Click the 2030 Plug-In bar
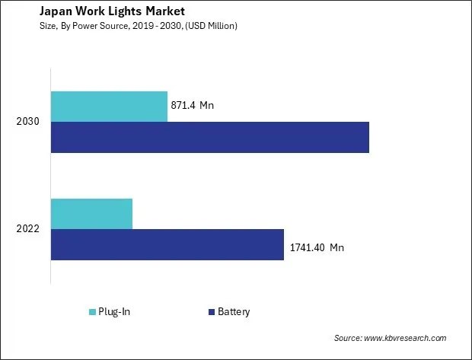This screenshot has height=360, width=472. [x=109, y=106]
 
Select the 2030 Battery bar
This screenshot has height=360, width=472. [x=209, y=137]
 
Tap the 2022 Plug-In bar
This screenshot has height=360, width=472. [x=91, y=213]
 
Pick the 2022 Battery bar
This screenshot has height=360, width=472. [x=167, y=244]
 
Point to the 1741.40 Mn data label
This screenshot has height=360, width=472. [x=317, y=247]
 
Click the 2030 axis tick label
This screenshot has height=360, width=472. [x=28, y=122]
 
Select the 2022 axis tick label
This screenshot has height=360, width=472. [x=28, y=229]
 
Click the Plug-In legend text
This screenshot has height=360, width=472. [x=115, y=311]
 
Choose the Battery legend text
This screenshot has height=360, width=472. [x=234, y=311]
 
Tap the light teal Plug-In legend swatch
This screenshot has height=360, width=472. [x=93, y=311]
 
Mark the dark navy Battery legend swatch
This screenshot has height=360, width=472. [x=210, y=311]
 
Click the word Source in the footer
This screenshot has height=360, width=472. [x=348, y=338]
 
